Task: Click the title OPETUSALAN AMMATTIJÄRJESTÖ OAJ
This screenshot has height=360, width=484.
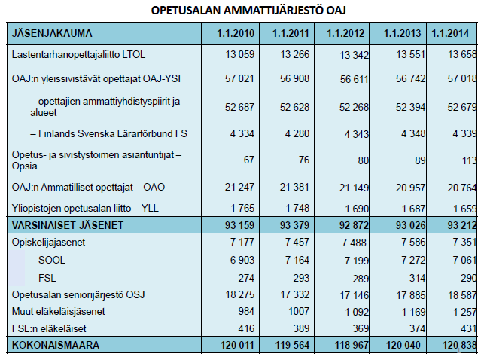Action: [x=248, y=11]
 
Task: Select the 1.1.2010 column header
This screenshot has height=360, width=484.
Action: [x=236, y=33]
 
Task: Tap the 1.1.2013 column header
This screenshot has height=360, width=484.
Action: [x=402, y=33]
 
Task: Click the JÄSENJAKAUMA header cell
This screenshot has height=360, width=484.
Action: [x=52, y=33]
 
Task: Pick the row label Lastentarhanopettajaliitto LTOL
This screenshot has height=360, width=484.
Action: [x=78, y=55]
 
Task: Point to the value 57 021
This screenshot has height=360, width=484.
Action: [x=239, y=79]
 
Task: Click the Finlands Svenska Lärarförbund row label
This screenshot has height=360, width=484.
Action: [x=108, y=134]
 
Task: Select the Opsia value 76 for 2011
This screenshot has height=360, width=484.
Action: [x=304, y=160]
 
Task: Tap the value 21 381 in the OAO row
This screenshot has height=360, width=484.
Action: [x=294, y=187]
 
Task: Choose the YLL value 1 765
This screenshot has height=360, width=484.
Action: [x=242, y=208]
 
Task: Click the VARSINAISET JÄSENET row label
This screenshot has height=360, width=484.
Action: [x=68, y=225]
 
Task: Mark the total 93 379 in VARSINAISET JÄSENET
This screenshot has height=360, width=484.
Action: [x=294, y=225]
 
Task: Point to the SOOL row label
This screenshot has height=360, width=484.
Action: [x=48, y=261]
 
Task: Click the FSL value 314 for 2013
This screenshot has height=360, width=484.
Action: [x=417, y=278]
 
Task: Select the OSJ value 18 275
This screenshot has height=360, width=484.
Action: [x=240, y=295]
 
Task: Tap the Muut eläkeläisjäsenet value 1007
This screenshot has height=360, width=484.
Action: [x=299, y=312]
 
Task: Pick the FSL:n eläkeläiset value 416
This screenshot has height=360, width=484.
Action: [x=246, y=328]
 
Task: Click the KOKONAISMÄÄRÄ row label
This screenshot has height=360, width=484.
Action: [x=56, y=345]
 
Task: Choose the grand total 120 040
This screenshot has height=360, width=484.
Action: [x=403, y=345]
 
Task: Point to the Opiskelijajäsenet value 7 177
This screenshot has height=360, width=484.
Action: [x=242, y=242]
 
